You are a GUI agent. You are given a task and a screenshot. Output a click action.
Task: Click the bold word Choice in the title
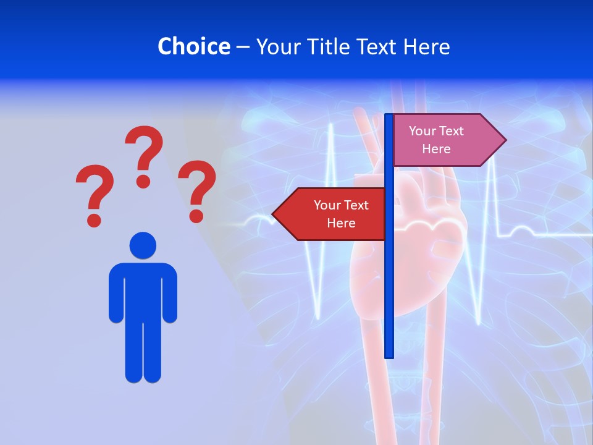(193, 46)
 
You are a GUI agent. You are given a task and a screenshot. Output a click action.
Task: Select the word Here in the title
(426, 46)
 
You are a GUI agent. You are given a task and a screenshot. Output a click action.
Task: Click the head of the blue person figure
(143, 245)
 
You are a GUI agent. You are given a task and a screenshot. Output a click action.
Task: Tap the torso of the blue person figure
(143, 290)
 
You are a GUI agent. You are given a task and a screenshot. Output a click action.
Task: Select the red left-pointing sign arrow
(334, 214)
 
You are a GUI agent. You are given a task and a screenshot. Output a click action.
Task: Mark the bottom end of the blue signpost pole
(389, 355)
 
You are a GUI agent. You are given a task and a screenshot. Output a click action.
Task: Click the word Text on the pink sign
(452, 131)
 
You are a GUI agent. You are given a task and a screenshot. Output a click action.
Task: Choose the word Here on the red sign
(341, 223)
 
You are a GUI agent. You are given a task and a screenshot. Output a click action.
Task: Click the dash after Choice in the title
(243, 47)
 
